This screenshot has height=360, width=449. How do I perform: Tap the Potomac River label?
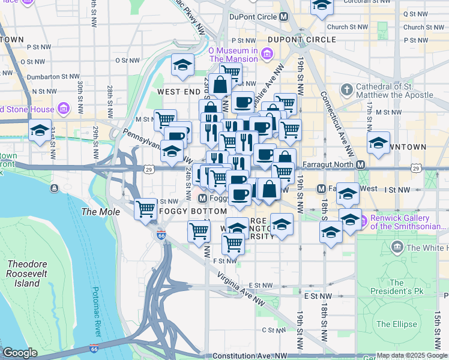[97, 311]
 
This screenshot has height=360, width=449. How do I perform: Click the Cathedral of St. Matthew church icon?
[346, 91]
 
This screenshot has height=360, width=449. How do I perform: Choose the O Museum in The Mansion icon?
[267, 55]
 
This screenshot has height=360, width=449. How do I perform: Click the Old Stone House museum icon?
[63, 109]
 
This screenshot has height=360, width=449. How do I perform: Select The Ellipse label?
[396, 324]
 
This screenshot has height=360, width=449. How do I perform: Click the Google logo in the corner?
[20, 352]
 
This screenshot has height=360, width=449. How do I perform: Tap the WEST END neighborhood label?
[178, 92]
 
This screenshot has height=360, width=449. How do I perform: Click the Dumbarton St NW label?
[49, 77]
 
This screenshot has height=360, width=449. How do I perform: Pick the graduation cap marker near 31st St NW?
[40, 131]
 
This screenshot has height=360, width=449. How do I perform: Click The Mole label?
[97, 212]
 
